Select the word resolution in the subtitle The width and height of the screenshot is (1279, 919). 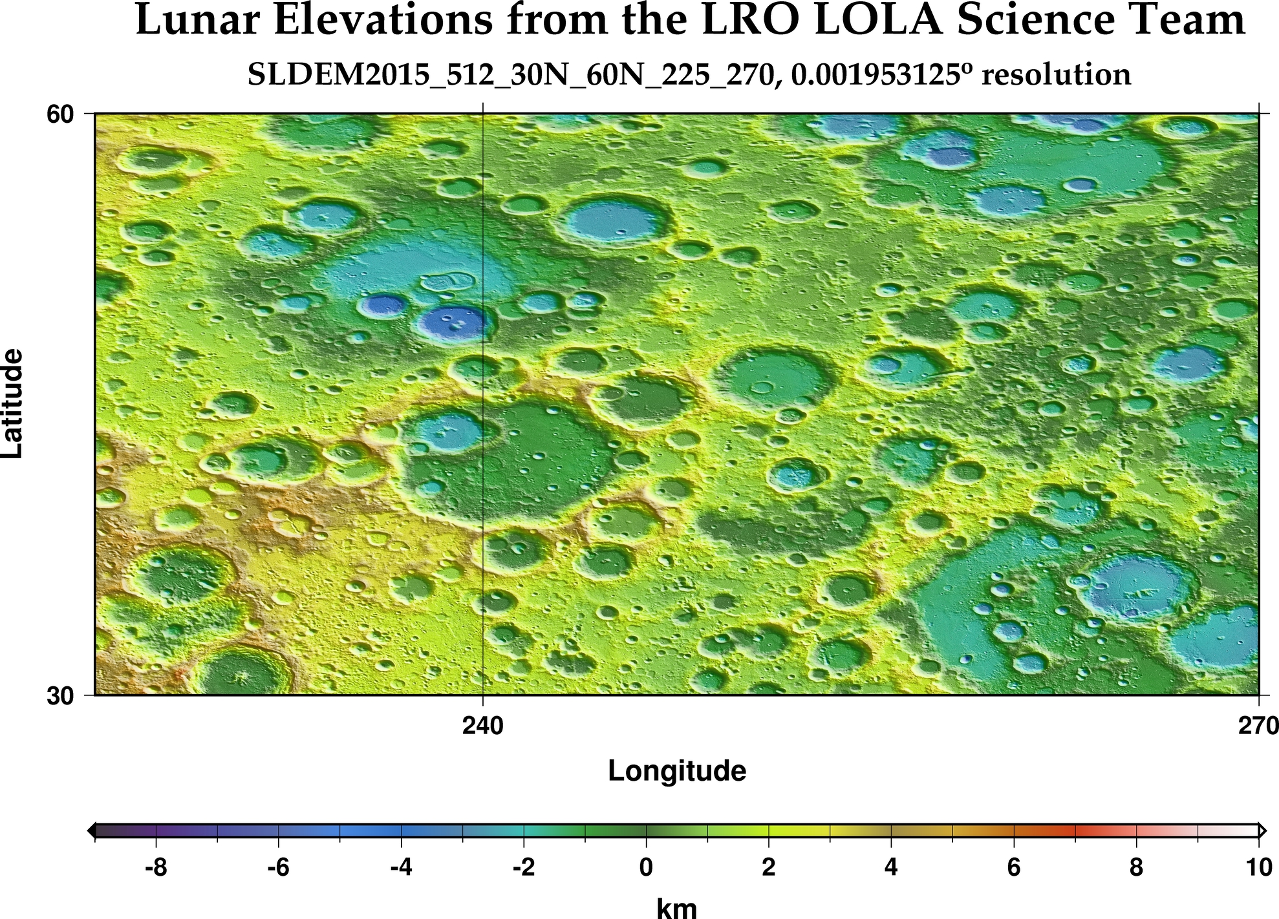coord(1056,75)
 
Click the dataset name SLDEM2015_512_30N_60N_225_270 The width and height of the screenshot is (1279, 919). coord(510,76)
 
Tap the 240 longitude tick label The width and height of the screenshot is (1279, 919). coord(483,726)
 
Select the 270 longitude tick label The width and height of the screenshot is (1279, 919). coord(1258,726)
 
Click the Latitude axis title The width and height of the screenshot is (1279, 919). coord(13,404)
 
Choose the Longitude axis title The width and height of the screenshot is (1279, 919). coord(677,771)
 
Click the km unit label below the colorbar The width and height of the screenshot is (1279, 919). coord(677,908)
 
